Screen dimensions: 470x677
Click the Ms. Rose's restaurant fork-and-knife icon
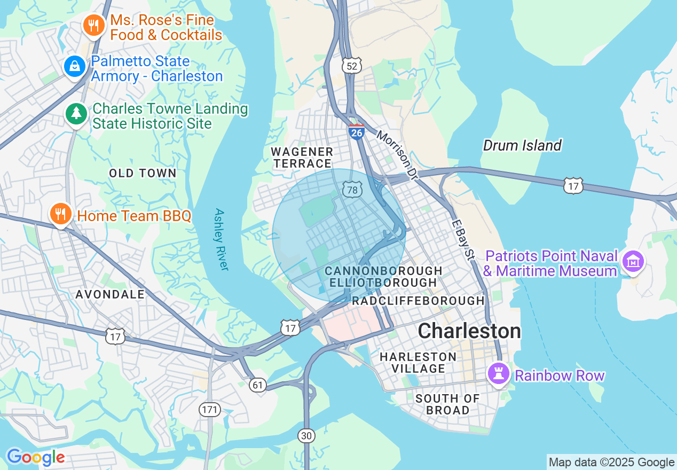click(x=93, y=25)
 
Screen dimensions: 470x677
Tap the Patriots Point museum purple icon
click(x=633, y=262)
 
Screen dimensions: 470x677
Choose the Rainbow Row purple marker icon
click(x=499, y=374)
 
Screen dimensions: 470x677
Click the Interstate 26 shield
click(x=356, y=131)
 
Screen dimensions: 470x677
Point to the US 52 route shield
click(x=352, y=66)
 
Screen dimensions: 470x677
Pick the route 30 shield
click(x=306, y=436)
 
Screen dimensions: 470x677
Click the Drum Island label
click(x=522, y=145)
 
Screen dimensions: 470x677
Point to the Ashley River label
click(x=221, y=239)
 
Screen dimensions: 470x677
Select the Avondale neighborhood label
click(x=110, y=294)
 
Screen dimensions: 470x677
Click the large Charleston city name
click(x=469, y=331)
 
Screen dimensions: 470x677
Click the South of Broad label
click(x=447, y=404)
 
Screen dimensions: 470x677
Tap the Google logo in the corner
click(x=35, y=457)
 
